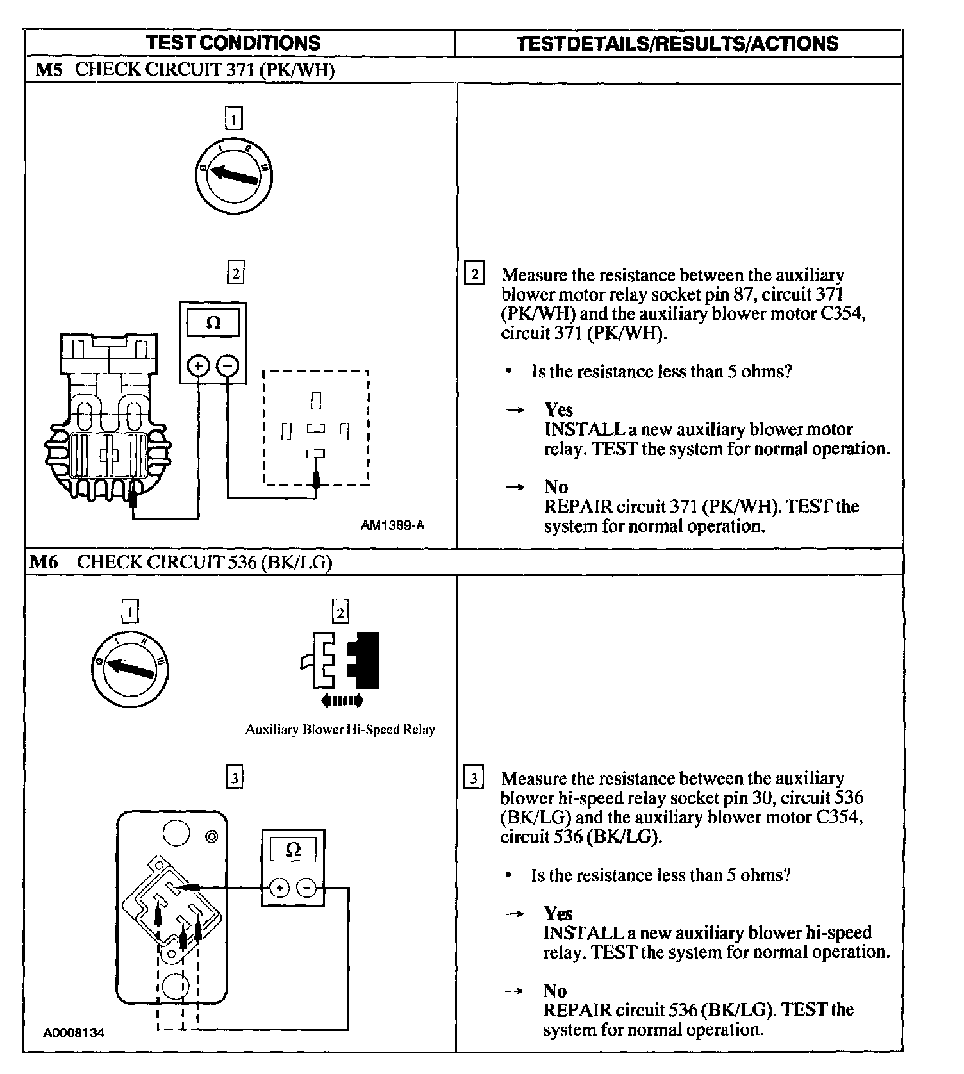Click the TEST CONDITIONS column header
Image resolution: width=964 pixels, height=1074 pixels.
coord(233,43)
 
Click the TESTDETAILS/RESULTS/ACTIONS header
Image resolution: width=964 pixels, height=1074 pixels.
coord(677,44)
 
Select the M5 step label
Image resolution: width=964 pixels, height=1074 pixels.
coord(49,70)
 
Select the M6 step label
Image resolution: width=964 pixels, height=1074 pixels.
coord(44,562)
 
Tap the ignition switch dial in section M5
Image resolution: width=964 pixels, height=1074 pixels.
coord(234,174)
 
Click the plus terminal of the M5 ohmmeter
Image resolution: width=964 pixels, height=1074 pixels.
coord(198,366)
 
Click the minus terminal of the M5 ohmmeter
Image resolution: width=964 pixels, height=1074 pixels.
coord(228,366)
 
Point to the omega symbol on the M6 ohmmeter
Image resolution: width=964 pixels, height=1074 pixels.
coord(293,850)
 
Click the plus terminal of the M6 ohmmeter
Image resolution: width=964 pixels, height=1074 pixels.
coord(279,888)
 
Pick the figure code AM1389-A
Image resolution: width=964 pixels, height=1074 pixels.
coord(392,525)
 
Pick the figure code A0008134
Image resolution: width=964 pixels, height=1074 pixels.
coord(74,1033)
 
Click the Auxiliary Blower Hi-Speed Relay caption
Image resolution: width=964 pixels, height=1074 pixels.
coord(340,729)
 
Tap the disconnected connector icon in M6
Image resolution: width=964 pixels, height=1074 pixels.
coord(340,660)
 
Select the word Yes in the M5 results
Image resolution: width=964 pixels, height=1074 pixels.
coord(558,409)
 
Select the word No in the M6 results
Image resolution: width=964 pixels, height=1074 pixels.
coord(555,991)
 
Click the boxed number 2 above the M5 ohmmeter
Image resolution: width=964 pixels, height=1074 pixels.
coord(235,274)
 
